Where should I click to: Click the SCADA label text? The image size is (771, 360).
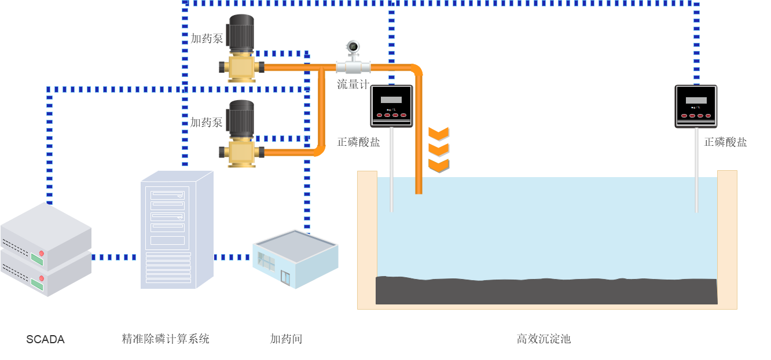pyautogui.click(x=45, y=339)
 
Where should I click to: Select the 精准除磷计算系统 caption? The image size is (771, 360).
pyautogui.click(x=165, y=339)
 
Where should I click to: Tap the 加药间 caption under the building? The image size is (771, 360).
pyautogui.click(x=286, y=339)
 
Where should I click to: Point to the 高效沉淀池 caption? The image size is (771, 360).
pyautogui.click(x=544, y=339)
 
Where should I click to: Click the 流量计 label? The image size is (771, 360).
pyautogui.click(x=353, y=85)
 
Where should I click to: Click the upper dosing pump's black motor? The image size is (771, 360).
pyautogui.click(x=241, y=32)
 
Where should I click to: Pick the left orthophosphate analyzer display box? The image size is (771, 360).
pyautogui.click(x=392, y=106)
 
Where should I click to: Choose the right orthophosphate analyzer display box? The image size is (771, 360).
pyautogui.click(x=696, y=106)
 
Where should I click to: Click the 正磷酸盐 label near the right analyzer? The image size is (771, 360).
pyautogui.click(x=725, y=142)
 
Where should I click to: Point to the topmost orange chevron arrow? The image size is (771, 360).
pyautogui.click(x=438, y=133)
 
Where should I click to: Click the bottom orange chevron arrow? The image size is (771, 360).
pyautogui.click(x=438, y=166)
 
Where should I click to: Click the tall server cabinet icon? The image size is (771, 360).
pyautogui.click(x=175, y=232)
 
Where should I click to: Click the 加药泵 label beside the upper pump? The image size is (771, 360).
pyautogui.click(x=207, y=39)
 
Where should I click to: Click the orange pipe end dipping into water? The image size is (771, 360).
pyautogui.click(x=418, y=186)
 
